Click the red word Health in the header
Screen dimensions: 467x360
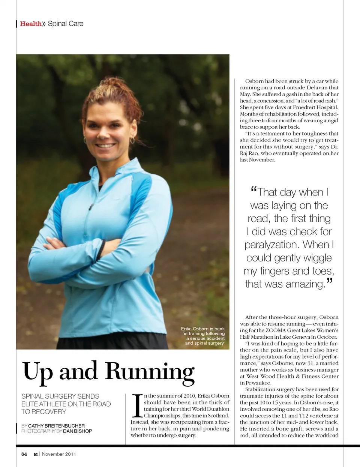point(31,24)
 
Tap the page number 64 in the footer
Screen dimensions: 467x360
point(24,454)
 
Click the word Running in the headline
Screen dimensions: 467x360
point(150,372)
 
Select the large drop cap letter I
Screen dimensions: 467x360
point(138,405)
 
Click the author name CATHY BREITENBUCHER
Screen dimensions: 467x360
point(56,426)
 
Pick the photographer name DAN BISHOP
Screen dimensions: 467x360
point(77,431)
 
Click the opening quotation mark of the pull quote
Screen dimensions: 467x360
point(253,190)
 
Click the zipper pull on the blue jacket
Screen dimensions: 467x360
point(90,207)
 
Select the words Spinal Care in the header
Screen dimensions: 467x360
point(66,24)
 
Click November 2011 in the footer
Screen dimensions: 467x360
point(59,454)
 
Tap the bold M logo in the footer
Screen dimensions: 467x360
point(36,454)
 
